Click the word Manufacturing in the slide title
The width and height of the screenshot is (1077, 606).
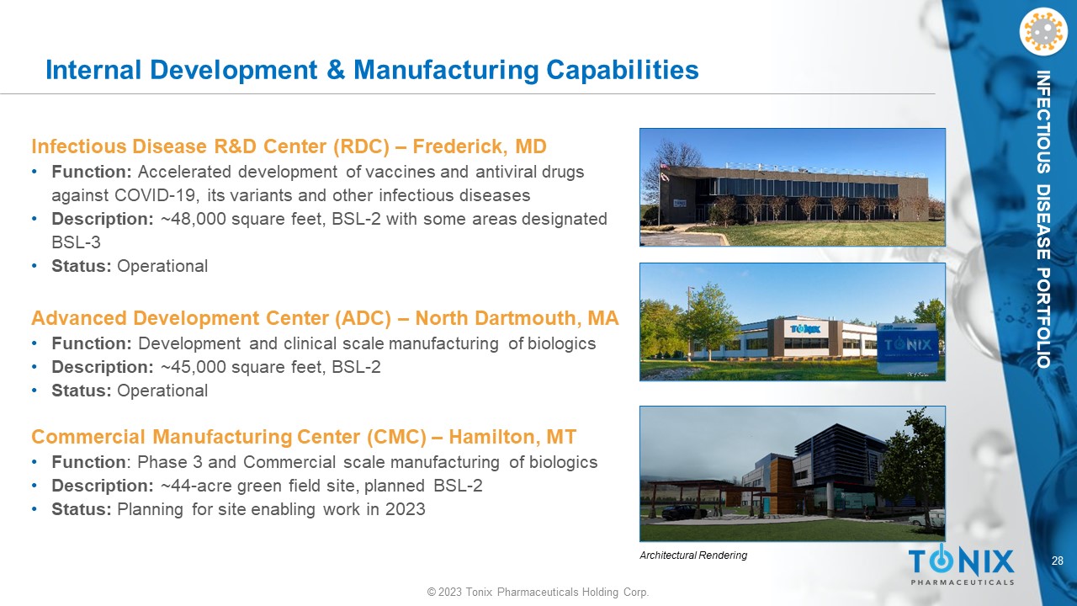tap(446, 70)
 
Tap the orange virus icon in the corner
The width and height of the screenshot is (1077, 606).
tap(1044, 32)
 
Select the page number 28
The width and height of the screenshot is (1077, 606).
tap(1058, 561)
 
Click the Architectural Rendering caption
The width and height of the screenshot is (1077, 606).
tap(693, 555)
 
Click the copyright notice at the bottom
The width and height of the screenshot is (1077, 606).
tap(538, 592)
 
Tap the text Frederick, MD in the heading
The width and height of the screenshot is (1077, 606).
tap(480, 146)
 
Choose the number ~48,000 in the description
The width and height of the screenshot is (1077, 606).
tap(194, 219)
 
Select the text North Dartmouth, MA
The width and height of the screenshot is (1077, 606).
tap(517, 318)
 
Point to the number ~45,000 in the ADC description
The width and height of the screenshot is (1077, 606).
tap(194, 367)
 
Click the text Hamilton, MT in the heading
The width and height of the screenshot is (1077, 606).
tap(512, 437)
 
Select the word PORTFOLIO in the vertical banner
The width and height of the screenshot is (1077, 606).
tap(1043, 318)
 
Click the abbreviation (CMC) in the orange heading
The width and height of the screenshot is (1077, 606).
tap(396, 437)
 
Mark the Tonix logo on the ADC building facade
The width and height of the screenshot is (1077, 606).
tap(805, 329)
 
